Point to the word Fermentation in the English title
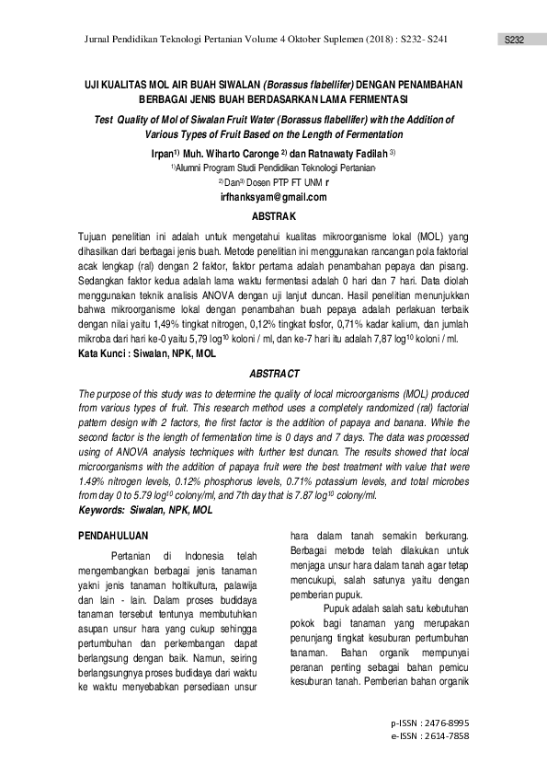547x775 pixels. [x=405, y=133]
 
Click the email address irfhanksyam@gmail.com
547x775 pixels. [x=273, y=197]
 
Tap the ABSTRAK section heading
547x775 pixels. [x=273, y=216]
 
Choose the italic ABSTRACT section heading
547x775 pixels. [x=273, y=373]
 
